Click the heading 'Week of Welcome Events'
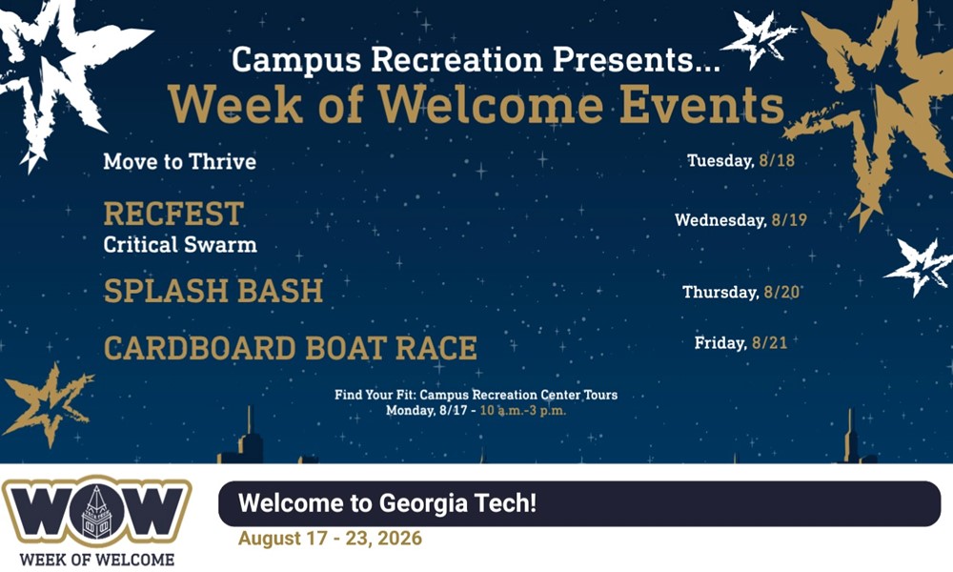476,105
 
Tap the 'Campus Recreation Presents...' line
476,60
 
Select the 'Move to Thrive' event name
180,162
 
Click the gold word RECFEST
173,214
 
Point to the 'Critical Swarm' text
180,244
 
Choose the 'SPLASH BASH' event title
213,291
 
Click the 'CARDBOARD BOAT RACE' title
291,348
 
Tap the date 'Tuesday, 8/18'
740,160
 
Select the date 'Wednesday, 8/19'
740,219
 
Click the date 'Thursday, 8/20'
740,293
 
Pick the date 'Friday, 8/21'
740,343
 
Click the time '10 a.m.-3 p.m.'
522,410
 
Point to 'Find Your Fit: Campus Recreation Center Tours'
476,395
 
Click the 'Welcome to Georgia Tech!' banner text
388,503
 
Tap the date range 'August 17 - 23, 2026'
330,538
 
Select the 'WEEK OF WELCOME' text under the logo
97,560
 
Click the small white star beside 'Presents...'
758,39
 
